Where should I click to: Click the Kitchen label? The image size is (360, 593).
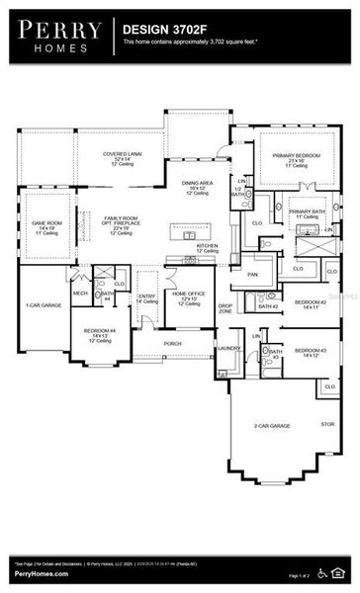(x=207, y=245)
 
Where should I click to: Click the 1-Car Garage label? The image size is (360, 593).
(x=44, y=305)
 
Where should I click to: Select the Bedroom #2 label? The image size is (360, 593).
(x=311, y=301)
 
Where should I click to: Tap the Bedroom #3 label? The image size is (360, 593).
(x=311, y=351)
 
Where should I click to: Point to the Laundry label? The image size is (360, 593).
(x=228, y=348)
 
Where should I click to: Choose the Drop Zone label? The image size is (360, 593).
(x=225, y=308)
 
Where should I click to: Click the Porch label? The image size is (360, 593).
(x=172, y=344)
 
